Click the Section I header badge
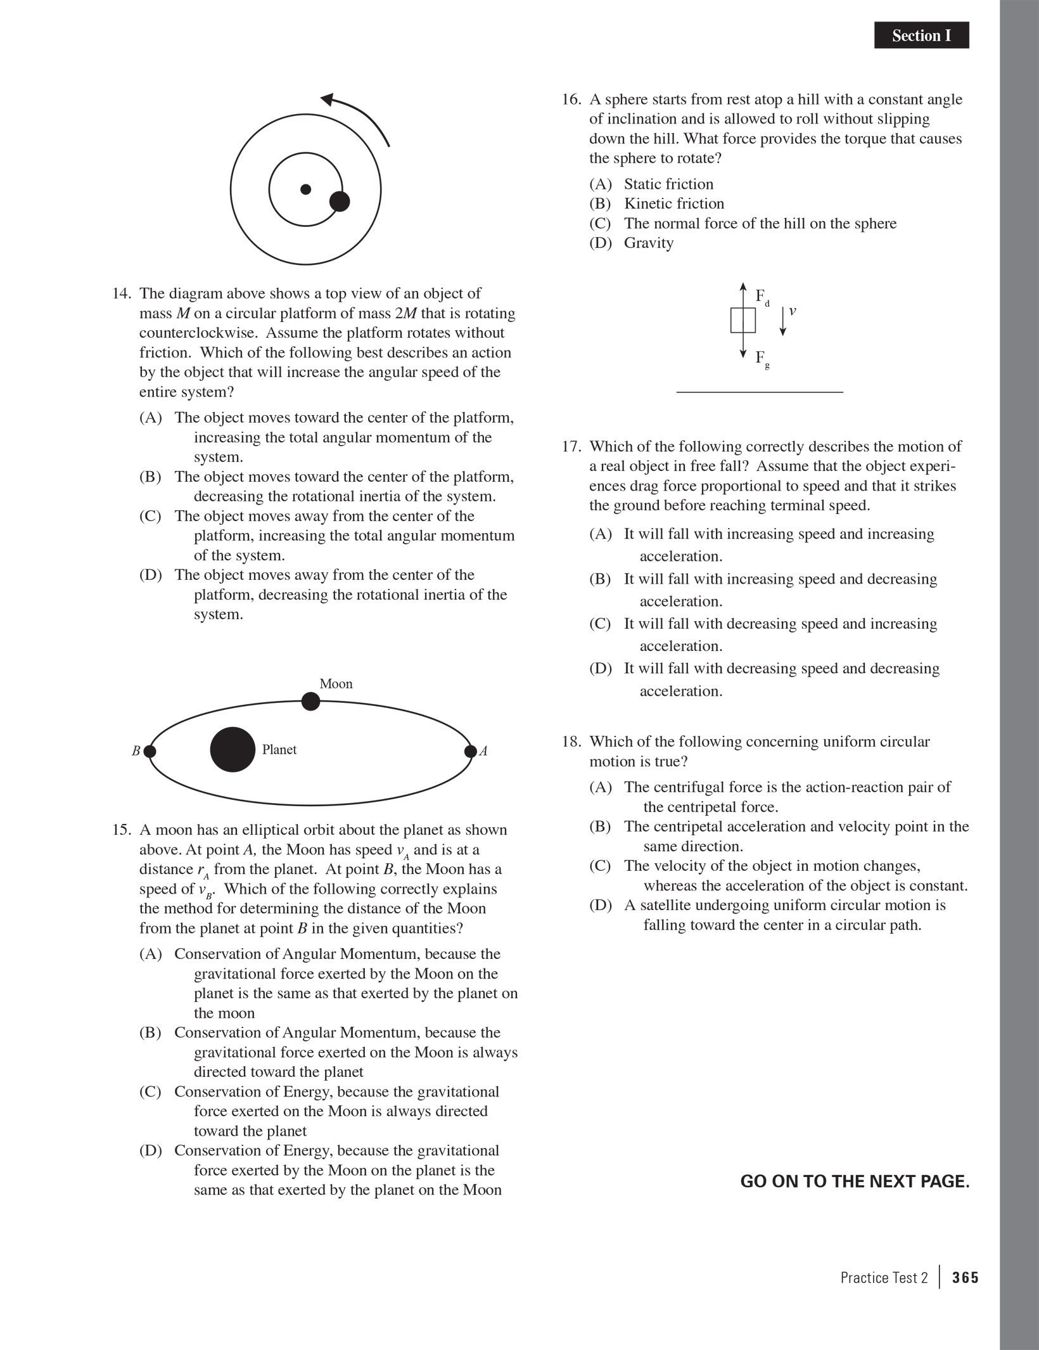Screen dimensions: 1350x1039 pos(921,35)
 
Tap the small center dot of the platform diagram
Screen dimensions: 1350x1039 pos(305,189)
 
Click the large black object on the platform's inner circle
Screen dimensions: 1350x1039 pos(340,202)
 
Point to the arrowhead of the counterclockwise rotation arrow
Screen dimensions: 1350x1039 pos(328,100)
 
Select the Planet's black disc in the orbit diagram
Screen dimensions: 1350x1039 pos(233,749)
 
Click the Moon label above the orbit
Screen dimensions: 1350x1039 pos(336,683)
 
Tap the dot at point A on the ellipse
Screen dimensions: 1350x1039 pos(470,751)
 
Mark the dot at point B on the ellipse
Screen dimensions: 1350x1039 pos(150,751)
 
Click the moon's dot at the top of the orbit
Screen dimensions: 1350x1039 pos(310,701)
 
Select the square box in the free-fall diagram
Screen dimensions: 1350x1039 pos(743,320)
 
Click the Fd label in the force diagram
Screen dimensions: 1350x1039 pos(762,297)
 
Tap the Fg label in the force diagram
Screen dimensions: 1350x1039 pos(762,359)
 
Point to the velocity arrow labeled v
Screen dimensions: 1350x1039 pos(783,321)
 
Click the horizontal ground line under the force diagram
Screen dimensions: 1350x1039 pos(760,392)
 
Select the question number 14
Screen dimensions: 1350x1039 pos(122,293)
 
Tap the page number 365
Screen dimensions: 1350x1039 pos(966,1277)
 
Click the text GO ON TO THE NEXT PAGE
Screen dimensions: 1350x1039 pos(855,1181)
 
